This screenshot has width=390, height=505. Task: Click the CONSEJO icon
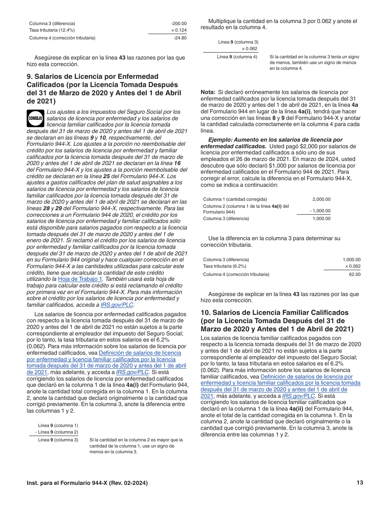coord(35,118)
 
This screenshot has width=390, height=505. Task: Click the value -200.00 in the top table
coord(179,23)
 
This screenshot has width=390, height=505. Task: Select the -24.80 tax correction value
coord(180,38)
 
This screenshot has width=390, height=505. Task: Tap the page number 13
coord(360,483)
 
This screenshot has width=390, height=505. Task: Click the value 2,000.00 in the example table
coord(321,199)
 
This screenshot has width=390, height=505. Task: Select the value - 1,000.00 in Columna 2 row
coord(320,211)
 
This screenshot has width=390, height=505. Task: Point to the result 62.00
coord(355,274)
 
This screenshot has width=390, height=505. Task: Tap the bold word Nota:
coord(208,92)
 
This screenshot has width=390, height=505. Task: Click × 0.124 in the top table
coord(179,30)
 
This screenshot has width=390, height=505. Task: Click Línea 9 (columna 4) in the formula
coord(237,57)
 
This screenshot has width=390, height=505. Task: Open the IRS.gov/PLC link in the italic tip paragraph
coord(117,305)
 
